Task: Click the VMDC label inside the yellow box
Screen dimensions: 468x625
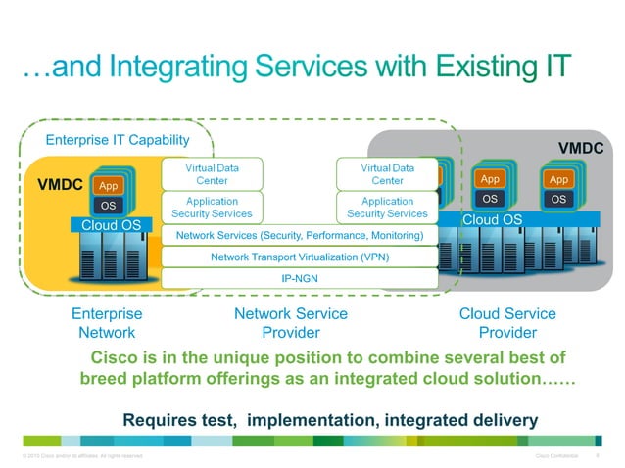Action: [x=59, y=183]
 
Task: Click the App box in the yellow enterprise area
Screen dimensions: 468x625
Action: [x=109, y=185]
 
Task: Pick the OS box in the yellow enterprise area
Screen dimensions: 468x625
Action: [x=109, y=206]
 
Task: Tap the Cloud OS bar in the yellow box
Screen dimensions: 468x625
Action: [x=112, y=225]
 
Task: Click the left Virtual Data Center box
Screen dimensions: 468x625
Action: [x=213, y=174]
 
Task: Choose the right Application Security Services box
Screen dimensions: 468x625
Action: [x=387, y=208]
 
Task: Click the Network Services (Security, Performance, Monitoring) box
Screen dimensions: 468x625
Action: [x=299, y=236]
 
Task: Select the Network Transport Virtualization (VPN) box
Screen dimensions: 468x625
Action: [x=299, y=257]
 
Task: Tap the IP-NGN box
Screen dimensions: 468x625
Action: [x=299, y=278]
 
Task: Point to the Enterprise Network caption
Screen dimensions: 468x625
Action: [x=107, y=323]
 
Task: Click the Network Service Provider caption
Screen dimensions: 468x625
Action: [x=290, y=323]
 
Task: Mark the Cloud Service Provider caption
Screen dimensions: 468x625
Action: [x=506, y=323]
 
